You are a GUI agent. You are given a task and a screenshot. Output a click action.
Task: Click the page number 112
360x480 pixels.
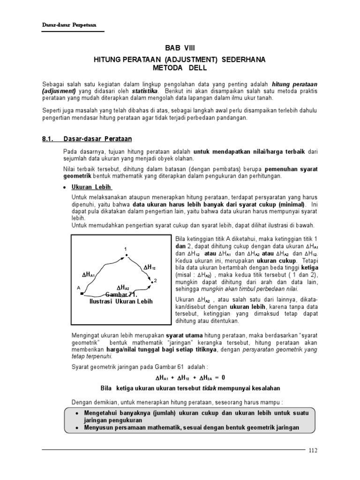313,451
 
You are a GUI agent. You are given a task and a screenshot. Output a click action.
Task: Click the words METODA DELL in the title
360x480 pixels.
180,68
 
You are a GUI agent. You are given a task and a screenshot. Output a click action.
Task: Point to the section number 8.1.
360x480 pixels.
49,139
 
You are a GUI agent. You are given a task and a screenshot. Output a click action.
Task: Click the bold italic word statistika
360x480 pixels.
145,90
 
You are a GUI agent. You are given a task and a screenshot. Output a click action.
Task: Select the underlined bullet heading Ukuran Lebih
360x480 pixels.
91,187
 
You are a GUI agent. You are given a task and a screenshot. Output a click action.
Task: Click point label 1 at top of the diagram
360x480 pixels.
125,248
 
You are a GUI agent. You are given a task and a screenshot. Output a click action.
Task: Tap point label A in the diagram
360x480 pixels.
78,287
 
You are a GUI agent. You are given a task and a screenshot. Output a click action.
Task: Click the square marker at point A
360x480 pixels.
82,293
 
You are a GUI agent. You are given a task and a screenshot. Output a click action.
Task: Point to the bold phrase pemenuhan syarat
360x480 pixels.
291,168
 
